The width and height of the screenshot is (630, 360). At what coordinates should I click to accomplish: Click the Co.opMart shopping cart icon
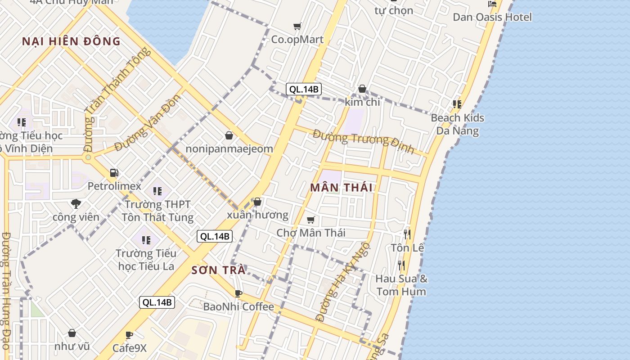click(297, 26)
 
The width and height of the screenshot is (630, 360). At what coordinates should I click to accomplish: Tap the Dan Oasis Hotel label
click(492, 17)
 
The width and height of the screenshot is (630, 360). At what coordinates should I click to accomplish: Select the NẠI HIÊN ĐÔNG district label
click(71, 42)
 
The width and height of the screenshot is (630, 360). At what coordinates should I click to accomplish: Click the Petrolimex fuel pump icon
click(114, 173)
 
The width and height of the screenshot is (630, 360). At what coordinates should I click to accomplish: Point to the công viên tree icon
click(76, 203)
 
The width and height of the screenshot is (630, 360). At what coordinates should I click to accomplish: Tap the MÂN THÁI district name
click(342, 188)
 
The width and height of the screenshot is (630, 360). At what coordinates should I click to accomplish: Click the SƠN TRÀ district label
click(219, 270)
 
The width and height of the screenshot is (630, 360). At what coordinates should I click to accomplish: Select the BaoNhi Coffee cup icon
click(238, 293)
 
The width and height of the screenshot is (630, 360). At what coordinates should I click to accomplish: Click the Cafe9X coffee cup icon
click(129, 335)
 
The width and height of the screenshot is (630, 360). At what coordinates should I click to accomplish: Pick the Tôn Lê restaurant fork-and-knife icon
click(407, 234)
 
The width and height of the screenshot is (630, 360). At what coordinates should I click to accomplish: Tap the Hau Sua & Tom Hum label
click(401, 285)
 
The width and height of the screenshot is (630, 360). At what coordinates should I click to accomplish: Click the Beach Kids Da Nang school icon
click(457, 104)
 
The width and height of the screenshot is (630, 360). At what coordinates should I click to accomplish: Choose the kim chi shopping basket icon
click(362, 89)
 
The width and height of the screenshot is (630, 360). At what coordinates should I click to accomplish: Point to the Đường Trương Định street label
click(363, 141)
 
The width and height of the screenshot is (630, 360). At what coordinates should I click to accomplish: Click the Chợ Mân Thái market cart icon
click(310, 220)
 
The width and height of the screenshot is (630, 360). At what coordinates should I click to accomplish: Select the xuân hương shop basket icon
click(257, 202)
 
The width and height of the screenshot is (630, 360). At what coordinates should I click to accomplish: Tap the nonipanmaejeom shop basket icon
click(229, 135)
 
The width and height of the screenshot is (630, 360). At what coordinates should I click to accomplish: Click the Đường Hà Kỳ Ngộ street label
click(343, 282)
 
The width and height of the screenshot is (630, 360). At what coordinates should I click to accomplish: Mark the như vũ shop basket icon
click(72, 333)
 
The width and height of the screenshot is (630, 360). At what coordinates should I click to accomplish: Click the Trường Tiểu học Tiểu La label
click(146, 260)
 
